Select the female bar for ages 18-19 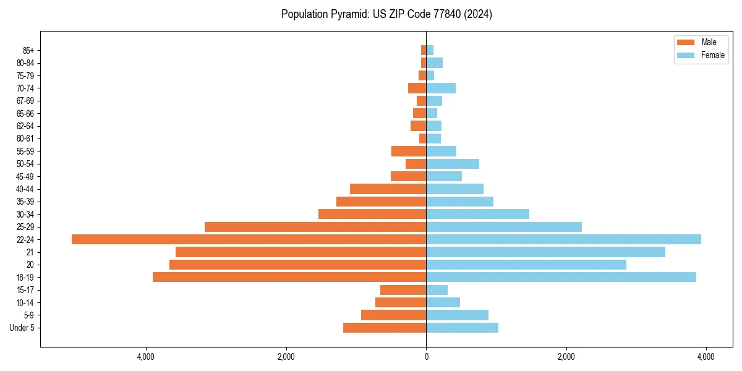click(x=561, y=277)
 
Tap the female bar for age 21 click(x=545, y=252)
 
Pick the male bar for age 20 click(x=297, y=265)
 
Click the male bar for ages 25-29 click(x=315, y=227)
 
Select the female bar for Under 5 click(x=462, y=328)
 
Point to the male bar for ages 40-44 click(x=388, y=189)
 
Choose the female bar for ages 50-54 click(x=453, y=164)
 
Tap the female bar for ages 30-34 click(x=477, y=214)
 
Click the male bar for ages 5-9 click(x=393, y=315)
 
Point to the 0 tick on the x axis click(x=426, y=357)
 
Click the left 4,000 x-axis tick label click(x=146, y=357)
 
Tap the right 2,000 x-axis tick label click(x=566, y=357)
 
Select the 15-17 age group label click(x=25, y=290)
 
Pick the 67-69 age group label click(x=25, y=101)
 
